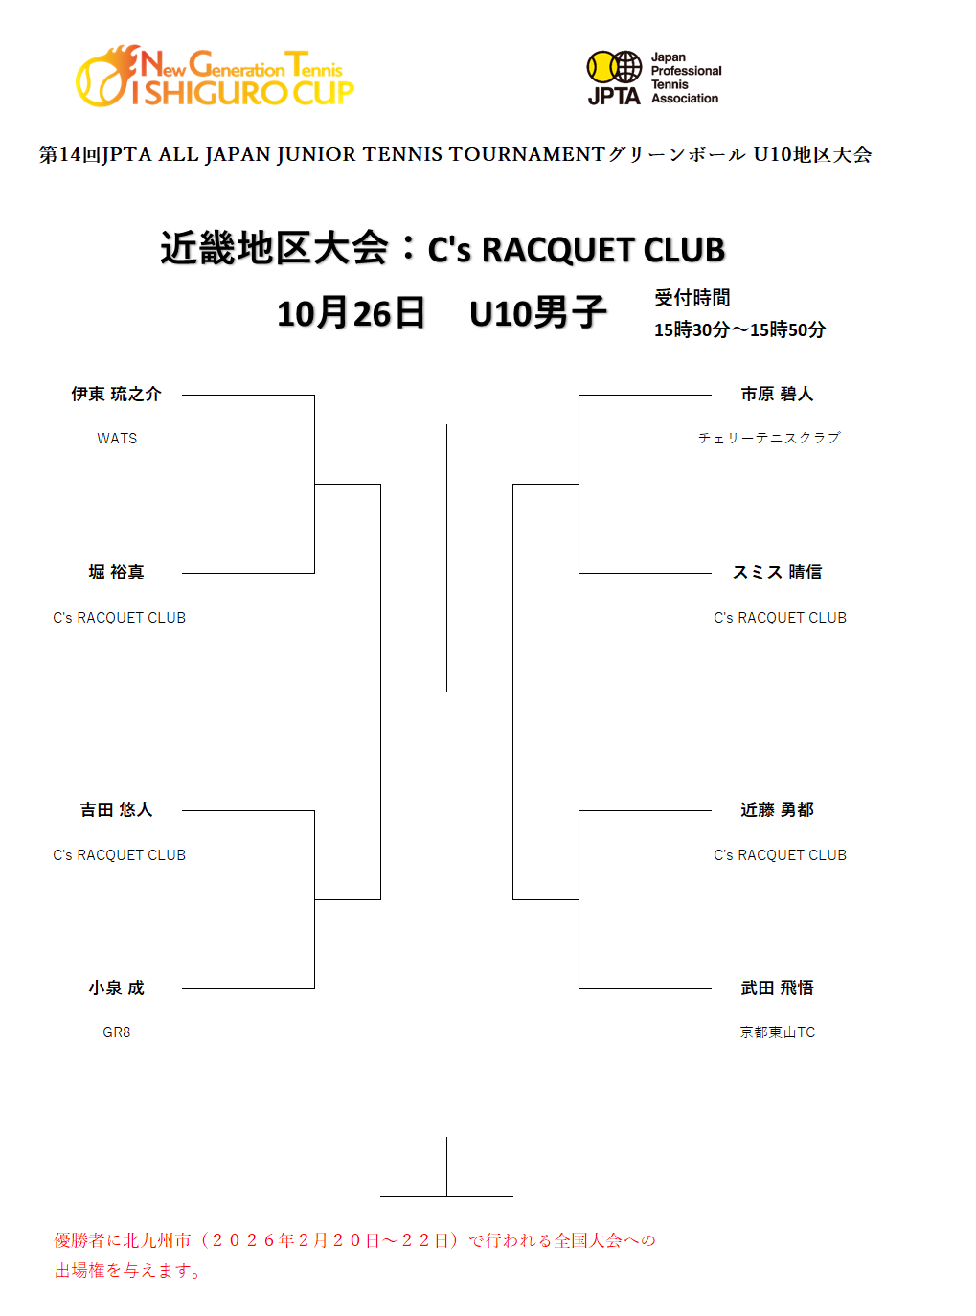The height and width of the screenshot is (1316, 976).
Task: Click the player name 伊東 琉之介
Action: tap(116, 394)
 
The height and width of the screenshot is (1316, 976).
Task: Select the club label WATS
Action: tap(117, 439)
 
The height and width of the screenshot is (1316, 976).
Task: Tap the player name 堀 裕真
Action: tap(116, 572)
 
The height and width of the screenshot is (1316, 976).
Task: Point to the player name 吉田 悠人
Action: tap(116, 809)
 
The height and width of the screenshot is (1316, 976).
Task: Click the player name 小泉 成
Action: tap(116, 987)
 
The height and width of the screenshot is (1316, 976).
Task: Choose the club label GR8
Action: tap(116, 1032)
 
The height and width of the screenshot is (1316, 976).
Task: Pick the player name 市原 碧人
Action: tap(777, 394)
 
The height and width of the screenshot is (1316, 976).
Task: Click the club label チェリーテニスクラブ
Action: tap(769, 438)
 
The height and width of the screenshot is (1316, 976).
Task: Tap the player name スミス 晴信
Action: tap(777, 572)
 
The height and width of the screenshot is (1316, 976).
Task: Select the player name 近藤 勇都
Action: tap(777, 809)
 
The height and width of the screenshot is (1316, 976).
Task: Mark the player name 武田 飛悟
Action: tap(777, 987)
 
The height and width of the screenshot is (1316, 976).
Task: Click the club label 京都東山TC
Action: tap(777, 1032)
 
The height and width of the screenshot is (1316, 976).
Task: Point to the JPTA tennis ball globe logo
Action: tap(614, 68)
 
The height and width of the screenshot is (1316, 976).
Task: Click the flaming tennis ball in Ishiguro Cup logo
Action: tap(106, 77)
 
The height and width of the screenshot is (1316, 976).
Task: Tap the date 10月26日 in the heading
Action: tap(351, 313)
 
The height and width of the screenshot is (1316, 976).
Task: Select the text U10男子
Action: tap(537, 313)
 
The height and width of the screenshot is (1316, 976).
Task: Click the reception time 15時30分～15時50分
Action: tap(739, 329)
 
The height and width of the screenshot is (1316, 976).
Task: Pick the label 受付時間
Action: tap(692, 298)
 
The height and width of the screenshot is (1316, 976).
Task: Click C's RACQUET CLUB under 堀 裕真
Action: tap(119, 618)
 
